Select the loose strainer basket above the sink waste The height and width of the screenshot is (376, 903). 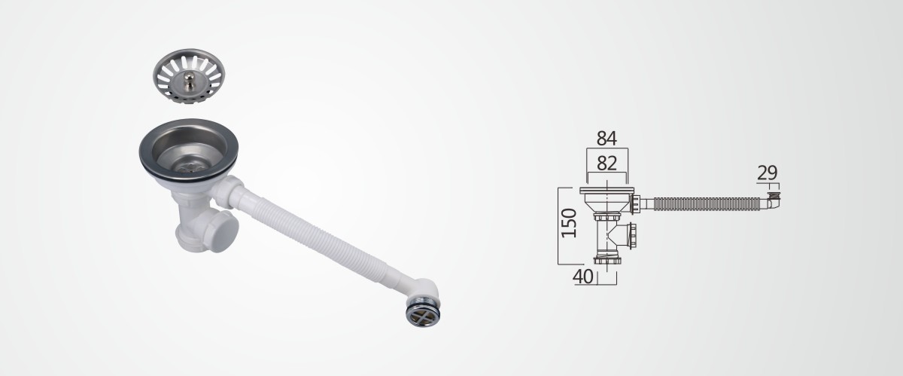[x=189, y=76]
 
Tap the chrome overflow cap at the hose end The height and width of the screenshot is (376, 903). [x=423, y=313]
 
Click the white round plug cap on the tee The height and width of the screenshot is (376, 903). [x=223, y=231]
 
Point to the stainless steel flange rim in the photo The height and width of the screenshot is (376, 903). [x=189, y=149]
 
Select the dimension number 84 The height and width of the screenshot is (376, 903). [x=607, y=139]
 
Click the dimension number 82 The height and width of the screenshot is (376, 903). [x=607, y=164]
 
